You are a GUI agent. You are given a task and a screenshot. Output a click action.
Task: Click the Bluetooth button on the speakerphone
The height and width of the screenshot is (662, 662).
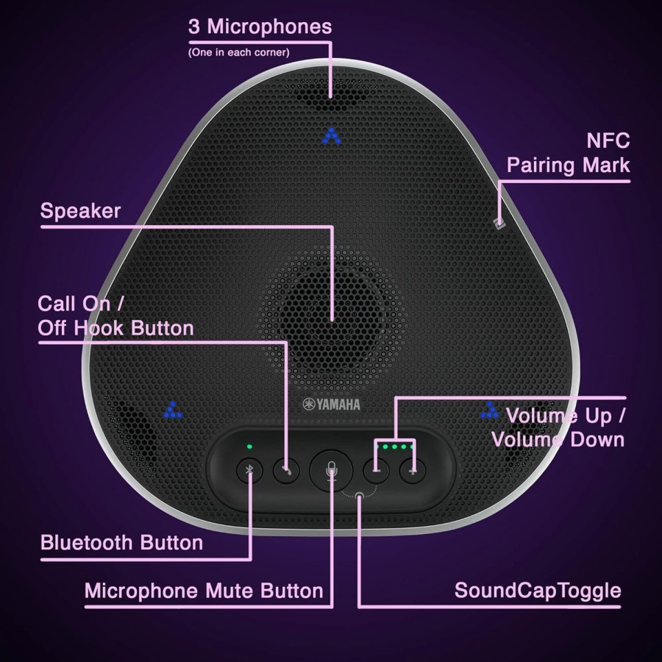tap(249, 470)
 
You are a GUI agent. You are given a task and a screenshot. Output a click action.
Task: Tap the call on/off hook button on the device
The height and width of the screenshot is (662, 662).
tap(286, 470)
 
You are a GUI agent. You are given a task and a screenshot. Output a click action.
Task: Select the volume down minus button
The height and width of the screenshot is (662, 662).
tap(376, 470)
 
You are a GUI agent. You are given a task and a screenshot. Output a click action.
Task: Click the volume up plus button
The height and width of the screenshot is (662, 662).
tap(413, 470)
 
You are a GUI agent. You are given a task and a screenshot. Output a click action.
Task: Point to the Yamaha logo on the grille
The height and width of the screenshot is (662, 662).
tap(332, 405)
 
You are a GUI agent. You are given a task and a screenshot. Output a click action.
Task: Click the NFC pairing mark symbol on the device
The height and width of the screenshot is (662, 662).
tap(499, 224)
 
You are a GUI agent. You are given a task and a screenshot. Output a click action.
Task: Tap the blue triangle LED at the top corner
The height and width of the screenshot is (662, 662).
tap(332, 136)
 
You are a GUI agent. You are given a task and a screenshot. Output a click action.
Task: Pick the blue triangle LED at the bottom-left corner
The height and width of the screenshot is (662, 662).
tap(173, 410)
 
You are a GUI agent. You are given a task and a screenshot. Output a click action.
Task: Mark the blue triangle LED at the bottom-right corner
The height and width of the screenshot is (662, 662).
tap(489, 410)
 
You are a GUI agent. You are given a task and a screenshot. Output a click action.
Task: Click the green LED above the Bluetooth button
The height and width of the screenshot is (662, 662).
tap(249, 446)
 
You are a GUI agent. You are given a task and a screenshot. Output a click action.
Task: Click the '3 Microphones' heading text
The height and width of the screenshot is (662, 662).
tap(260, 26)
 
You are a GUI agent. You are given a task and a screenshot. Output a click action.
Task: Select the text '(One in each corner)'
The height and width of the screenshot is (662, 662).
tap(238, 52)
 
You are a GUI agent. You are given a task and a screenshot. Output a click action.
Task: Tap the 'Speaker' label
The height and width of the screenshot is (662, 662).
tap(80, 211)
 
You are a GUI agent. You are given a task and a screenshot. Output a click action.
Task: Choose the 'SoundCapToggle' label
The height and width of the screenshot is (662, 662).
tap(538, 591)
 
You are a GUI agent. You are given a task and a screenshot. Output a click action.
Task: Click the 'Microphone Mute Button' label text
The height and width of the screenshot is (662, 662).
tap(204, 591)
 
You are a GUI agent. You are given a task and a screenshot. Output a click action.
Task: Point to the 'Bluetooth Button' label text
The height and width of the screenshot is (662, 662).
tap(121, 543)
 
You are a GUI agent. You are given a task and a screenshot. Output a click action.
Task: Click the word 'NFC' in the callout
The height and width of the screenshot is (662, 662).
tap(608, 140)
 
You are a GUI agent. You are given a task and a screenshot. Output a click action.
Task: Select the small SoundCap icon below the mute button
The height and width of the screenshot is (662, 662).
tap(359, 495)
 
